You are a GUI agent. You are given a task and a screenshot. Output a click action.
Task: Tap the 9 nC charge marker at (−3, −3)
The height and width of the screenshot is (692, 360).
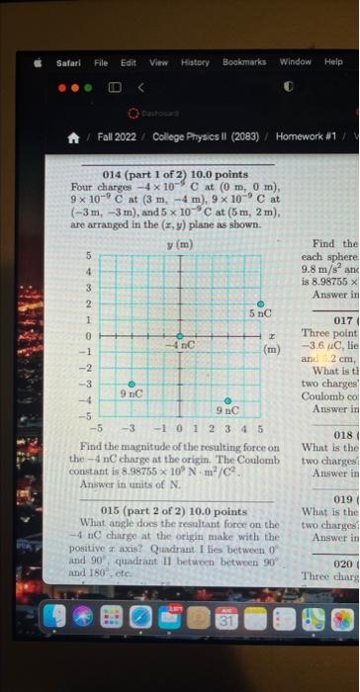(x=132, y=383)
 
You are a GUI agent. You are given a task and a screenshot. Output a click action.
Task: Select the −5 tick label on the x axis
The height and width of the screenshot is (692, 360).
(x=96, y=430)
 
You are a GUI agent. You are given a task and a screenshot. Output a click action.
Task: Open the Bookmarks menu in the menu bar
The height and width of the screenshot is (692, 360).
(x=244, y=61)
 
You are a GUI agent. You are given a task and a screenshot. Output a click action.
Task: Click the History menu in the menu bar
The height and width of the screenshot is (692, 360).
(x=195, y=61)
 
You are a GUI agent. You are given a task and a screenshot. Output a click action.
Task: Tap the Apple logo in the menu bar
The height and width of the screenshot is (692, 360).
(x=38, y=61)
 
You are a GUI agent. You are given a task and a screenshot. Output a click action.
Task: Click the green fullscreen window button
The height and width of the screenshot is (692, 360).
(x=88, y=87)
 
